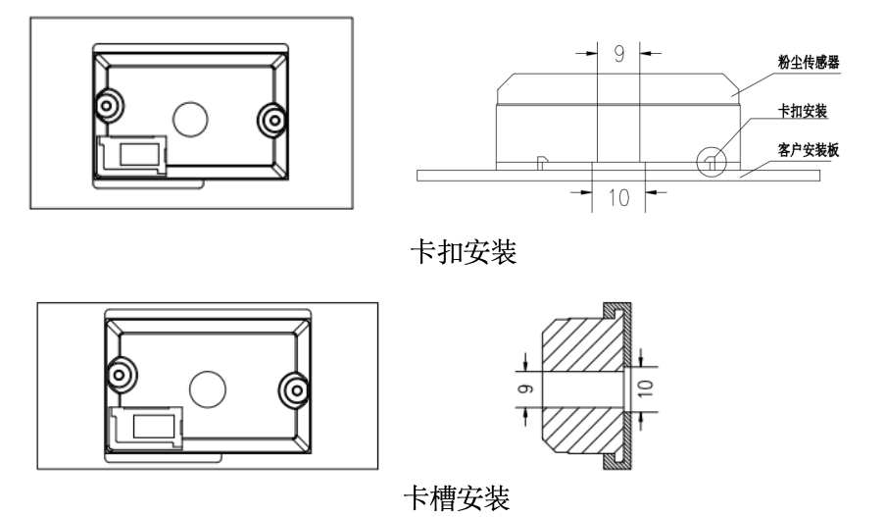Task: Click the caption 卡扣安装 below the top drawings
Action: [x=463, y=253]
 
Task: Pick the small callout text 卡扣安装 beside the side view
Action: [x=804, y=112]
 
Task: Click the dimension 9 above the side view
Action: [x=618, y=54]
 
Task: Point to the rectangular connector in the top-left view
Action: [x=132, y=155]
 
